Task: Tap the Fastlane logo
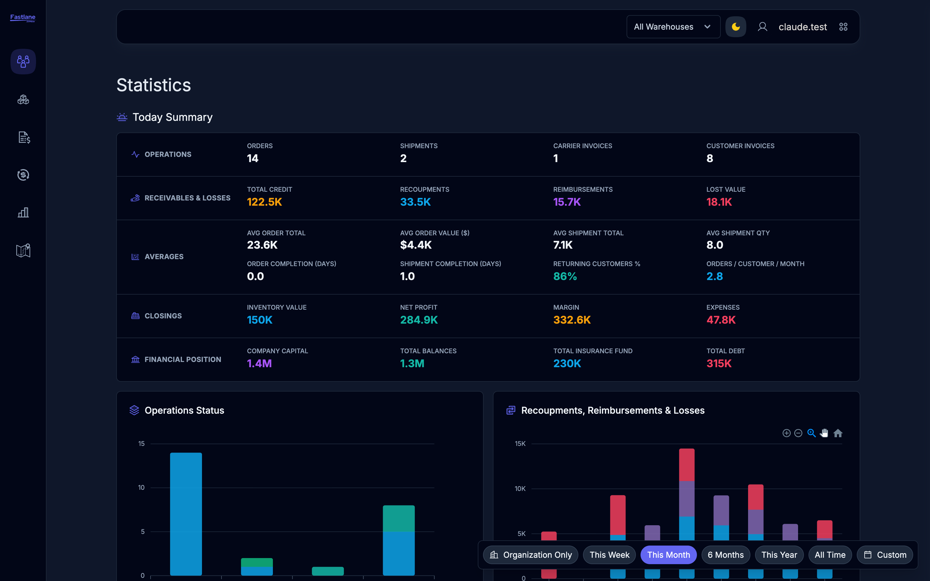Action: pos(23,18)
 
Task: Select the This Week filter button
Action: pos(609,555)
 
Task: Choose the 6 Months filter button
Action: pos(726,555)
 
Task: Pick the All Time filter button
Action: pos(830,555)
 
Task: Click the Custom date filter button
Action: pos(885,555)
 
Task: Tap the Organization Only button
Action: pos(531,555)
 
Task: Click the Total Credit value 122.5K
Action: pos(264,202)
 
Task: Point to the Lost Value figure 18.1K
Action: pos(719,202)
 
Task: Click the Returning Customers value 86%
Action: pos(565,276)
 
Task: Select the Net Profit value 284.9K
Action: pos(419,320)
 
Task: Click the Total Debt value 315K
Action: pos(719,363)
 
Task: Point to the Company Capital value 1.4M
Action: pos(260,363)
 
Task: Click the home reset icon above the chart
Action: pos(838,433)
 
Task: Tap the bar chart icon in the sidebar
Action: pos(23,212)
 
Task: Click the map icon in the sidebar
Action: pos(23,250)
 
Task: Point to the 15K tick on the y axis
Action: pos(520,444)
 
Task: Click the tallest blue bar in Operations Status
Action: pos(186,514)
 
